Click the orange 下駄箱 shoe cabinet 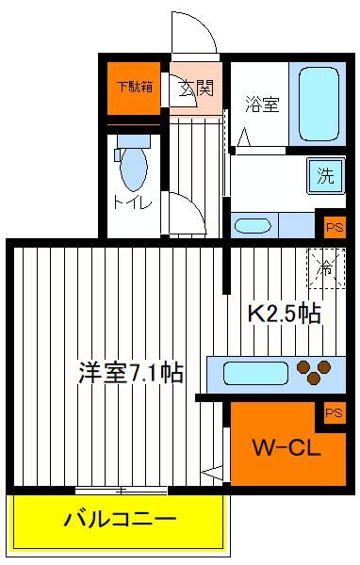[x=134, y=89]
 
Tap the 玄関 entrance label [x=197, y=88]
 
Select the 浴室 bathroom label [x=262, y=104]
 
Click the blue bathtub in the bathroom [x=319, y=105]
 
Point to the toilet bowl [x=134, y=169]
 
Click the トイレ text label [x=132, y=202]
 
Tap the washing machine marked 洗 [x=326, y=176]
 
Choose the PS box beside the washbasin [x=335, y=227]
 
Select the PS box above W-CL [x=334, y=412]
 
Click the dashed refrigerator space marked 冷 [x=326, y=268]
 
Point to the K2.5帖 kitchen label [x=285, y=314]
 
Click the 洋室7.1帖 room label [x=131, y=372]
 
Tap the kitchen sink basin [x=255, y=373]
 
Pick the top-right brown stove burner [x=324, y=367]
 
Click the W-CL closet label [x=286, y=448]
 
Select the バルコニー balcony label [x=120, y=519]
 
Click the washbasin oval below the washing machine [x=253, y=226]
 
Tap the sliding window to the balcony [x=122, y=491]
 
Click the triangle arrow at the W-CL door [x=213, y=473]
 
